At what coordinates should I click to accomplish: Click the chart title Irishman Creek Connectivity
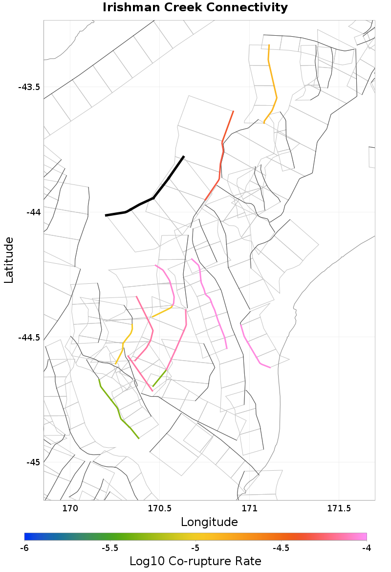coord(195,8)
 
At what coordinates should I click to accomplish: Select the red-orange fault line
coord(222,147)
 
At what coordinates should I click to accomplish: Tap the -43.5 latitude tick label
coord(29,87)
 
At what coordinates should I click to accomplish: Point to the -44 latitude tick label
coord(33,212)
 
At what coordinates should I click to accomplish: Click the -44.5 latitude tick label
coord(29,338)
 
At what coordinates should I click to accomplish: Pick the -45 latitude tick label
coord(33,462)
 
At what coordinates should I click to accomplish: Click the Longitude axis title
coord(209,522)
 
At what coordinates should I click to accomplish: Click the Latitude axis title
coord(9,260)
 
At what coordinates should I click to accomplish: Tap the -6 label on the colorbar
coord(24,548)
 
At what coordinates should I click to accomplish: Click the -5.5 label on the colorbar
coord(110,548)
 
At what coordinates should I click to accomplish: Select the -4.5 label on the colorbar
coord(281,548)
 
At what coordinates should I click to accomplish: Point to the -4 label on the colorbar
coord(367,548)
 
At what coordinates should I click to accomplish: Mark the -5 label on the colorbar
coord(195,548)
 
